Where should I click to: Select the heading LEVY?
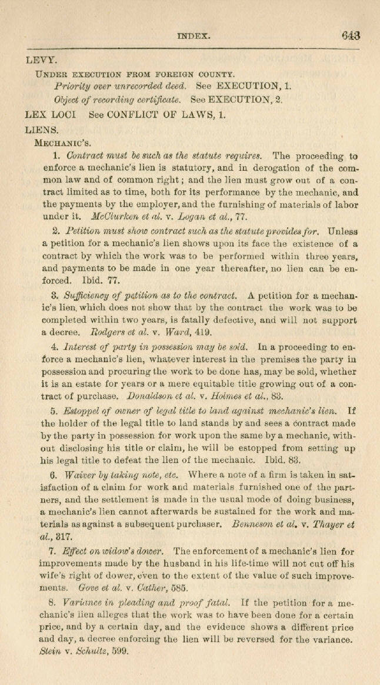point(41,59)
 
